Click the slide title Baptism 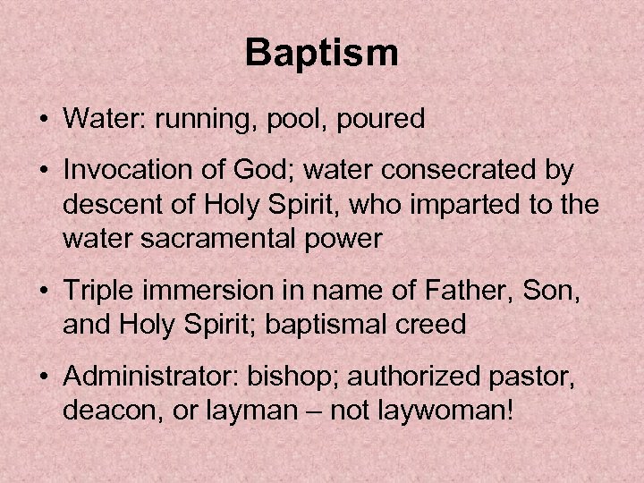[x=322, y=55]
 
